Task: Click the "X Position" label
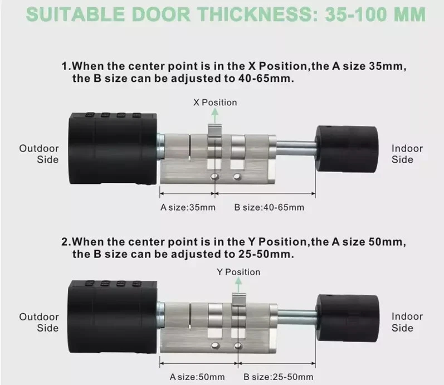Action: point(215,103)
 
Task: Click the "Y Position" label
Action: point(238,272)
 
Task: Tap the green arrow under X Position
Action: point(215,115)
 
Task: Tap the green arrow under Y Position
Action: point(238,285)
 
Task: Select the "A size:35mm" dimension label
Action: point(188,207)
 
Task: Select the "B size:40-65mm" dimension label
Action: point(269,207)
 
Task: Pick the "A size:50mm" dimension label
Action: point(197,377)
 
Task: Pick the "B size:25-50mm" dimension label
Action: point(279,377)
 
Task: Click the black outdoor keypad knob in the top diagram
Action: point(113,148)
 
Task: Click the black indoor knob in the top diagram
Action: point(347,149)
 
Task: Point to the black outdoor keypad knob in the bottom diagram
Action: point(112,317)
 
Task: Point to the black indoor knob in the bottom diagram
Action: point(348,318)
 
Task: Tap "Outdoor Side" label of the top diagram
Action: point(39,154)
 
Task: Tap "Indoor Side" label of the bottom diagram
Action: point(407,322)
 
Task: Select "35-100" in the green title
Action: point(357,14)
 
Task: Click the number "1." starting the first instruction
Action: point(66,66)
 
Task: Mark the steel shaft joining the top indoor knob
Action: point(296,148)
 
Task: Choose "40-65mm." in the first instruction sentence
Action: point(266,78)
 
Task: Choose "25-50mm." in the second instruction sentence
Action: point(266,254)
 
